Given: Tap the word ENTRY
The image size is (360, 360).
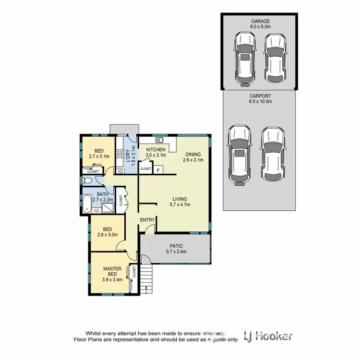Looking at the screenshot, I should [x=147, y=220].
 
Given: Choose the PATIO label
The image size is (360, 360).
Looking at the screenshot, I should [x=175, y=246].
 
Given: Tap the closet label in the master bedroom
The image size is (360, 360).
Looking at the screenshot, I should [x=134, y=274].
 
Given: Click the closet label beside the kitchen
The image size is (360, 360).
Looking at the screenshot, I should [x=145, y=169].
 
